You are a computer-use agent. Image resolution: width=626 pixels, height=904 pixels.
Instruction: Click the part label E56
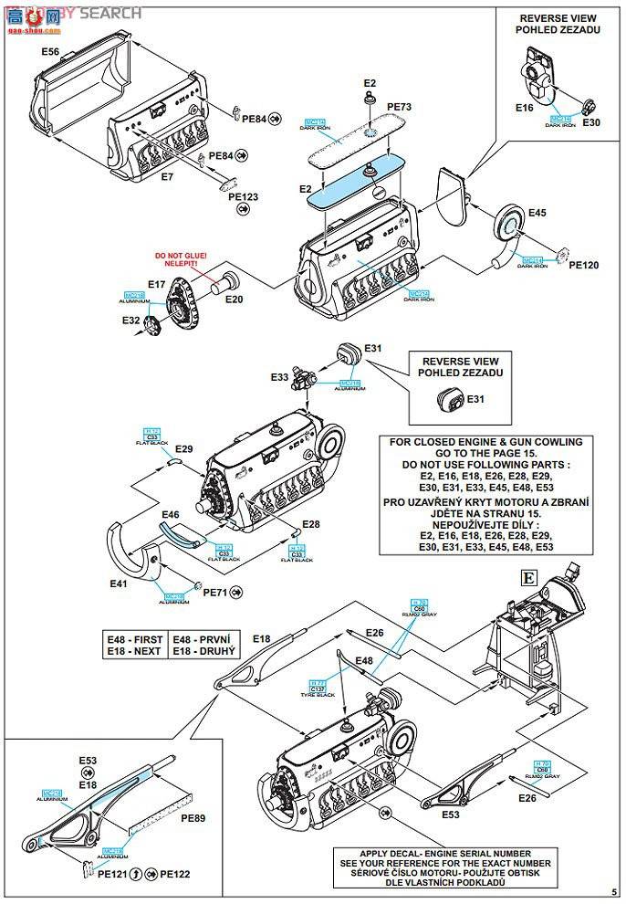[x=50, y=52]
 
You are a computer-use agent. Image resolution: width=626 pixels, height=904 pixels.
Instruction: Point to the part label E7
[x=166, y=176]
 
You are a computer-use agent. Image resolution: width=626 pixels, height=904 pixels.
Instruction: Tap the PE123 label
[x=243, y=196]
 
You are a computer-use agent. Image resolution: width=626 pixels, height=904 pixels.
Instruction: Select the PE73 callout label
[x=399, y=107]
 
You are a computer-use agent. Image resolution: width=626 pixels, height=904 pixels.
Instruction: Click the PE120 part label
[x=583, y=266]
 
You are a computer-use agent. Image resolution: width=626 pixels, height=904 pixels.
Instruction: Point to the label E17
[x=156, y=285]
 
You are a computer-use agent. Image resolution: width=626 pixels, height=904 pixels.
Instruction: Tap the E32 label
[x=132, y=321]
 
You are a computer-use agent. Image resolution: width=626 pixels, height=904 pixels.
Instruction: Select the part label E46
[x=171, y=515]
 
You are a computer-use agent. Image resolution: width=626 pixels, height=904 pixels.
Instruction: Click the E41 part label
[x=119, y=583]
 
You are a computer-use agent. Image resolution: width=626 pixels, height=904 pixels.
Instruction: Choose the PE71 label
[x=214, y=593]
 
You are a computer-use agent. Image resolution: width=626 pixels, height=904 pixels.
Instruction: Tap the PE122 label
[x=174, y=874]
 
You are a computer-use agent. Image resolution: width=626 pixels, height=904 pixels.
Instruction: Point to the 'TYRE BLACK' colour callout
[x=318, y=695]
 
